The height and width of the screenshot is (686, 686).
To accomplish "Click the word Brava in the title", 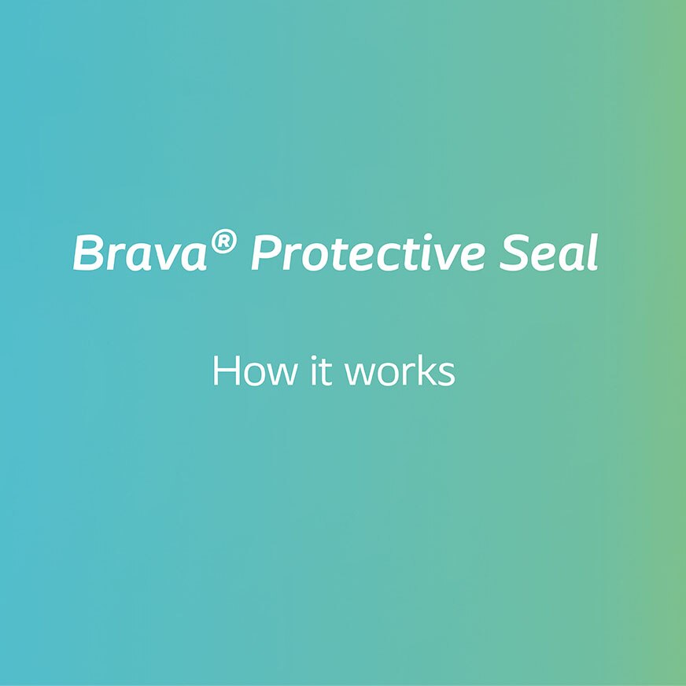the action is click(x=140, y=253).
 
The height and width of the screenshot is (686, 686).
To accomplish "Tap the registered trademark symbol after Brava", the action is click(x=223, y=242).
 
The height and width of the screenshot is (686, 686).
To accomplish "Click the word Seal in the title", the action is click(x=548, y=253).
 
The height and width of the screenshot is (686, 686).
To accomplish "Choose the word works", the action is click(x=399, y=371).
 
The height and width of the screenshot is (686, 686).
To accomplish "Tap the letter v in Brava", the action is click(x=165, y=258).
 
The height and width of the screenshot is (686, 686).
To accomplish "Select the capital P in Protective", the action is click(x=268, y=253).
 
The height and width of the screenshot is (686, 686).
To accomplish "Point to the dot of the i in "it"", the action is click(x=312, y=358).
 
